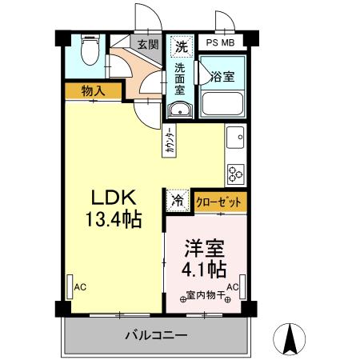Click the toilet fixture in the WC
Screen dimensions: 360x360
(90, 54)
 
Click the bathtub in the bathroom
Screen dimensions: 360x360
(222, 104)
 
